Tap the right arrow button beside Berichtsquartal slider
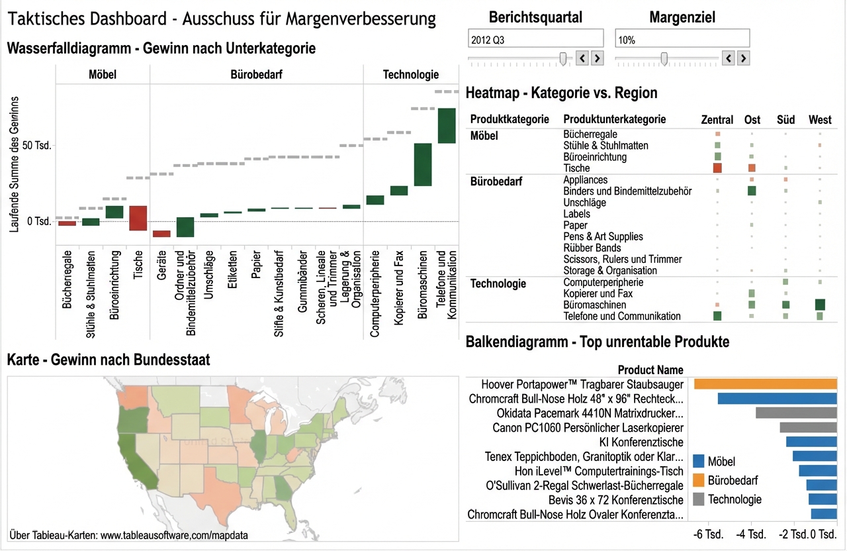[x=597, y=58]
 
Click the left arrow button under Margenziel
[x=728, y=58]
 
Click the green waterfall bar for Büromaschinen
[x=423, y=164]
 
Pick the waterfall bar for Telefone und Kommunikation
[x=447, y=125]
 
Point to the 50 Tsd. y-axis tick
[x=36, y=145]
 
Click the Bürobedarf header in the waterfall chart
[x=257, y=75]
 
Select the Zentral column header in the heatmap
[x=717, y=120]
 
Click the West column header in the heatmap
[x=820, y=120]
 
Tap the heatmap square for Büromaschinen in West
[x=820, y=305]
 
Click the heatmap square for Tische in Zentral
[x=717, y=168]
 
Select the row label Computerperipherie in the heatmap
[x=603, y=282]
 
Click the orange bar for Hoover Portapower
[x=765, y=384]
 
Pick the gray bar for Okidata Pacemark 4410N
[x=796, y=413]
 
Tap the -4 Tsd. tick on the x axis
[x=752, y=534]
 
